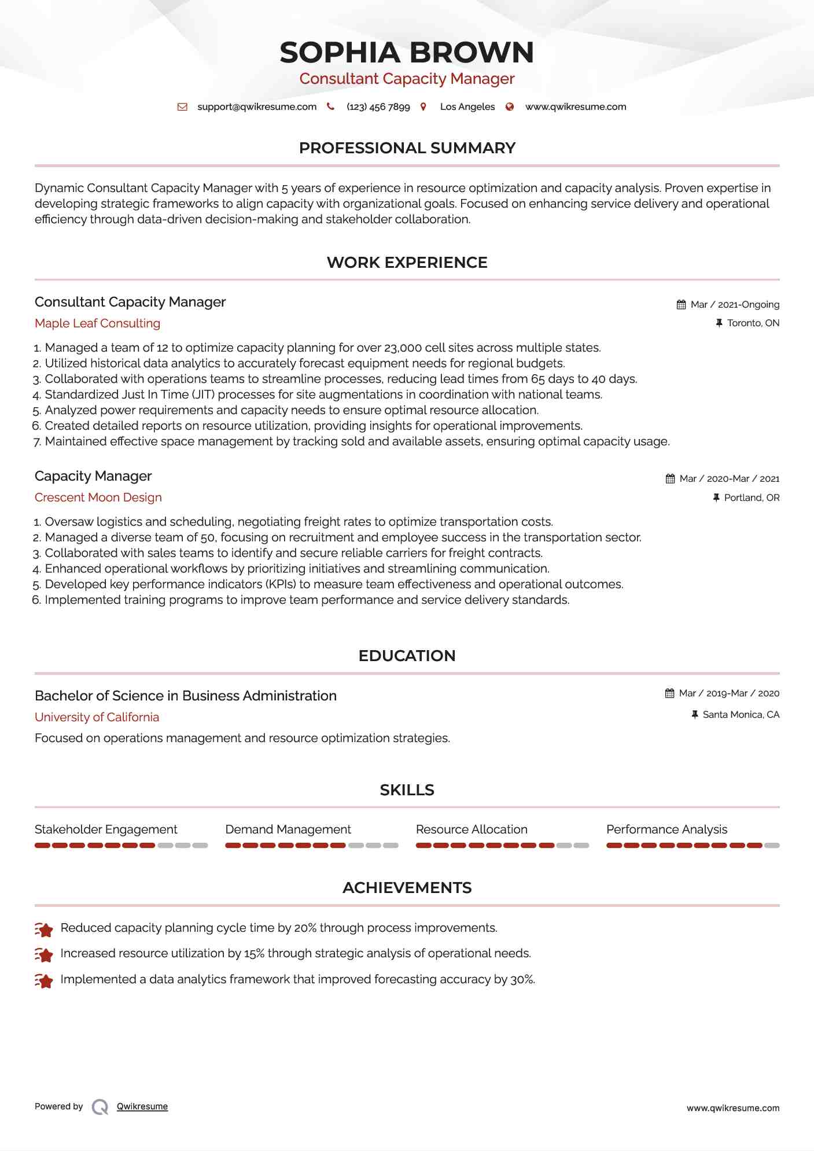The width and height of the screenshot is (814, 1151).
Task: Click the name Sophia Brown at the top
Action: tap(407, 53)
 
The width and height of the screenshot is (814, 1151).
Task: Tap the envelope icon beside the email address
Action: tap(182, 107)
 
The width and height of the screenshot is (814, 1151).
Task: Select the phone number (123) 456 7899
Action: tap(378, 107)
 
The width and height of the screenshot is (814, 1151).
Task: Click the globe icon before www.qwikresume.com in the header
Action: tap(510, 107)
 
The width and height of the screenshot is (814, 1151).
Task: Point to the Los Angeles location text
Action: tap(467, 107)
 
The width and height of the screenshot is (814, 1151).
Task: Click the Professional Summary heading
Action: tap(407, 148)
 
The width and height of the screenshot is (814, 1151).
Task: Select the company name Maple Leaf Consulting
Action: tap(97, 323)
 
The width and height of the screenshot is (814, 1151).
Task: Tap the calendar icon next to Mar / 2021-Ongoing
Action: tap(681, 305)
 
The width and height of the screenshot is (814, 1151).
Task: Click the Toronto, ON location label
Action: tap(753, 323)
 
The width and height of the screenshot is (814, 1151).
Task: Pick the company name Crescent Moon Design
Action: tap(98, 497)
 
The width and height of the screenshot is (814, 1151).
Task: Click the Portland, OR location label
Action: tap(752, 498)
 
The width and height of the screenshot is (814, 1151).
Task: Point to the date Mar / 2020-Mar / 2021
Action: tap(729, 479)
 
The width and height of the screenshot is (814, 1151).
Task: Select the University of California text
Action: tap(97, 717)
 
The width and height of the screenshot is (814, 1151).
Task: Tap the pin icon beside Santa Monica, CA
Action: tap(695, 715)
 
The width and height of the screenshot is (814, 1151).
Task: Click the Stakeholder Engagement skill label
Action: tap(106, 829)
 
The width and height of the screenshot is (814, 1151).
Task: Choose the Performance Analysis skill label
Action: tap(666, 829)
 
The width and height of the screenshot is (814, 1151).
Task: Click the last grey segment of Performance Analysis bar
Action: tap(772, 846)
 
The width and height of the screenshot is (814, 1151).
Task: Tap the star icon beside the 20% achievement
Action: tap(44, 929)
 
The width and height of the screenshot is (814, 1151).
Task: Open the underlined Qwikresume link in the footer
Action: tap(142, 1106)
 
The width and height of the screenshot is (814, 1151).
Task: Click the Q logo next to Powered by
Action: tap(100, 1107)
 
